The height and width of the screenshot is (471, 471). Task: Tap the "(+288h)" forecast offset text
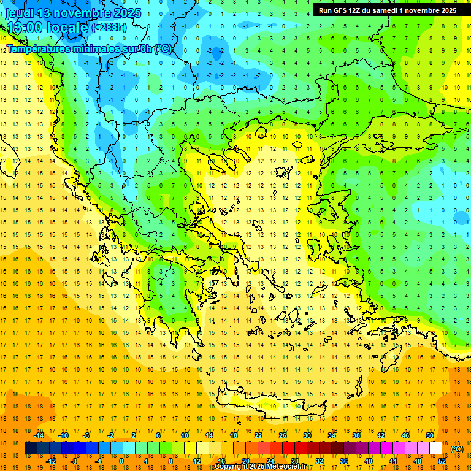pyautogui.click(x=110, y=28)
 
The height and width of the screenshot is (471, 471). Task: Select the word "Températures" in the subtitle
pyautogui.click(x=40, y=48)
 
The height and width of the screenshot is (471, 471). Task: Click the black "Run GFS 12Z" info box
pyautogui.click(x=386, y=10)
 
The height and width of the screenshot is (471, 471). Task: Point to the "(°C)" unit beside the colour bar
pyautogui.click(x=457, y=449)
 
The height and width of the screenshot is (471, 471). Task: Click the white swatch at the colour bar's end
pyautogui.click(x=436, y=448)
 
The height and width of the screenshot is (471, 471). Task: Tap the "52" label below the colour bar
pyautogui.click(x=442, y=461)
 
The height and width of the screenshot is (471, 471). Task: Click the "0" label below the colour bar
pyautogui.click(x=121, y=461)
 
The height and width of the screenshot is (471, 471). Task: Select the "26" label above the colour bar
pyautogui.click(x=283, y=435)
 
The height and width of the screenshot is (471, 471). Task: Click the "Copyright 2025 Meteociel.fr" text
pyautogui.click(x=261, y=467)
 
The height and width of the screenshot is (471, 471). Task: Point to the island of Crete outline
pyautogui.click(x=270, y=405)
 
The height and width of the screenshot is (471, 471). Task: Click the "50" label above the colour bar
pyautogui.click(x=430, y=435)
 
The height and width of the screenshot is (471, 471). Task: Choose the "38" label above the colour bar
pyautogui.click(x=356, y=435)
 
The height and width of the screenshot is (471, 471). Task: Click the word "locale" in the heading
pyautogui.click(x=69, y=28)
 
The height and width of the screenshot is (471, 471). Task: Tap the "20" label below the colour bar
pyautogui.click(x=246, y=461)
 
